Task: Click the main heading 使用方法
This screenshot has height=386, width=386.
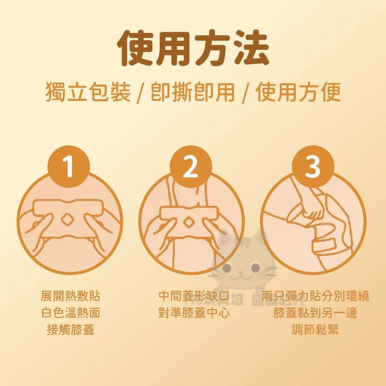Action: (193, 48)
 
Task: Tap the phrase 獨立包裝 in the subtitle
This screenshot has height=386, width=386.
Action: (88, 92)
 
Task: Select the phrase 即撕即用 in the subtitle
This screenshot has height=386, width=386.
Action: (193, 92)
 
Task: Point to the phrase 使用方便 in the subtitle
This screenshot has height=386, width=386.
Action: (298, 92)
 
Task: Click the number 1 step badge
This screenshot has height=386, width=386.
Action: (69, 166)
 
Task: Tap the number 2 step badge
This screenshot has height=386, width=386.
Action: (191, 166)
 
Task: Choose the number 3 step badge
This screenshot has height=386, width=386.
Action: (313, 166)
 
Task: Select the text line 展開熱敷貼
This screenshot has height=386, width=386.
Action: (70, 296)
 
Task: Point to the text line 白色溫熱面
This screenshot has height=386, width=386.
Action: (70, 313)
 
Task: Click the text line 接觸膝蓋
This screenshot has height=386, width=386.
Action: (70, 330)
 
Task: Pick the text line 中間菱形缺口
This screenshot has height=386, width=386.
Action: (194, 296)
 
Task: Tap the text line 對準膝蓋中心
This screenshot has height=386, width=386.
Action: (194, 313)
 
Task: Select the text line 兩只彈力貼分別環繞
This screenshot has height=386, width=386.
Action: (315, 296)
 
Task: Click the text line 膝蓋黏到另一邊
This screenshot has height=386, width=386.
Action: (315, 313)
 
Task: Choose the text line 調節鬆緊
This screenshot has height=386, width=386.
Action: (315, 330)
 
